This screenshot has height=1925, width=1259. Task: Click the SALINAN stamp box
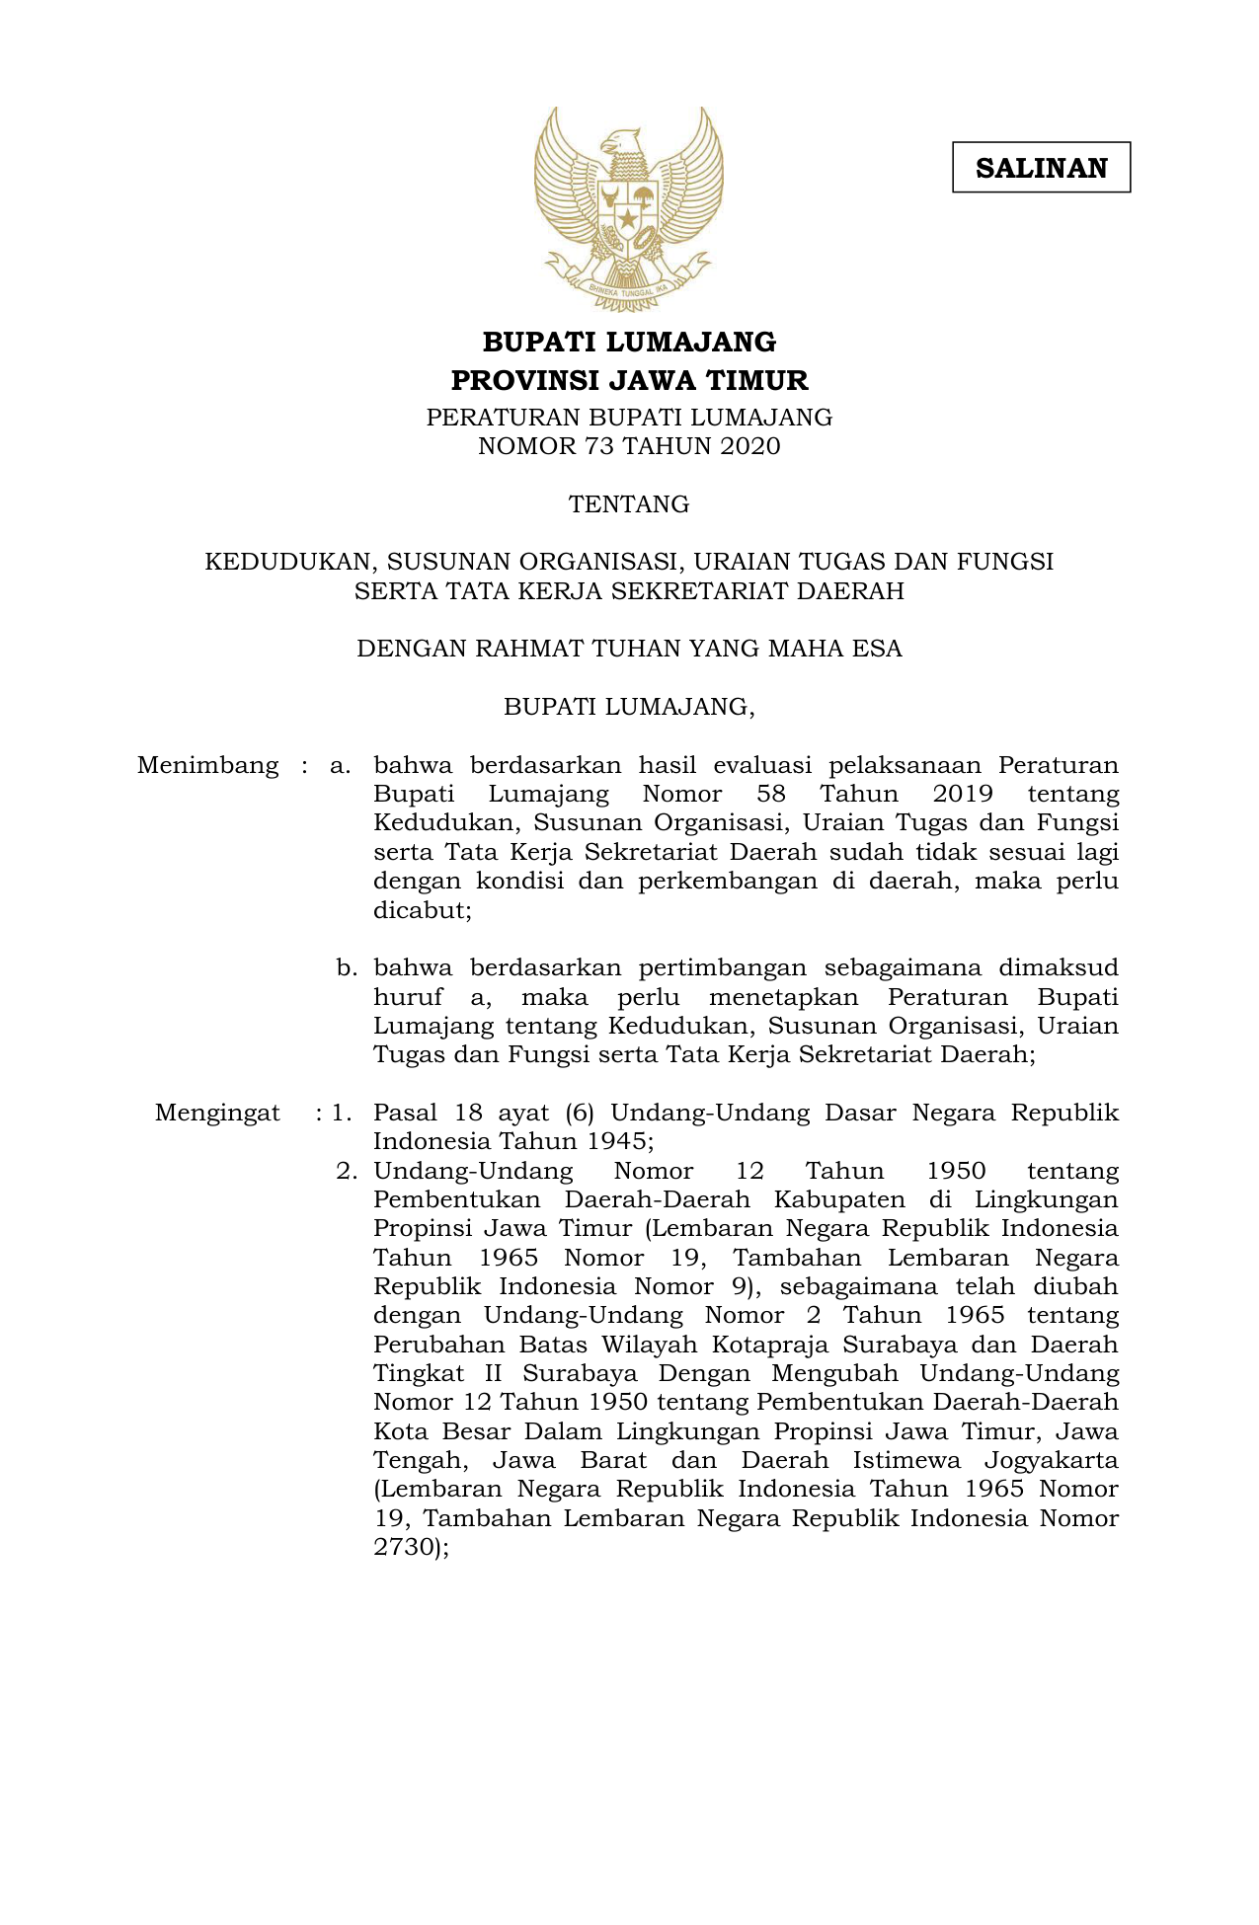point(1041,168)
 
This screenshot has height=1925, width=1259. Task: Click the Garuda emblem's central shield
point(628,209)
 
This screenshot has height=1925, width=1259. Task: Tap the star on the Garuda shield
point(628,217)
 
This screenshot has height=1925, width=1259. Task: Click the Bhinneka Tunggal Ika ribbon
point(629,287)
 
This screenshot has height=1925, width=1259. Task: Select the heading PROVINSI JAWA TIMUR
point(629,380)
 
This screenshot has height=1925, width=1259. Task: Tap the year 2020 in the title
point(749,446)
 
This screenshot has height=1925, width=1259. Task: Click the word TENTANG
point(629,504)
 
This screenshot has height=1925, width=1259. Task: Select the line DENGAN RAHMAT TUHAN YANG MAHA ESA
point(629,649)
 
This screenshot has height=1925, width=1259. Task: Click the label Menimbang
point(208,766)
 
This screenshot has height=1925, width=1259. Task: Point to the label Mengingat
point(217,1114)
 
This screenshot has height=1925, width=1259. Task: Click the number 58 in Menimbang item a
point(771,795)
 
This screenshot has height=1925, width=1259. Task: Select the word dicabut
point(421,910)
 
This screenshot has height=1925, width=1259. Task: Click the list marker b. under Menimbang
point(346,968)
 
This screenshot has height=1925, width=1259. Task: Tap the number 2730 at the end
point(404,1547)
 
